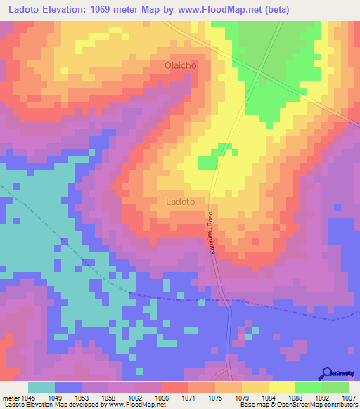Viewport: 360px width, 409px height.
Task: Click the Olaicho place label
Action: (x=179, y=65)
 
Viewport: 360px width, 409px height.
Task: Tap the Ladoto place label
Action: (x=180, y=201)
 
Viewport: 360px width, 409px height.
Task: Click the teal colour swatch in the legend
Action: (x=41, y=387)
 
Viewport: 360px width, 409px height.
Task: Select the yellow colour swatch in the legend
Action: (x=282, y=387)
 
